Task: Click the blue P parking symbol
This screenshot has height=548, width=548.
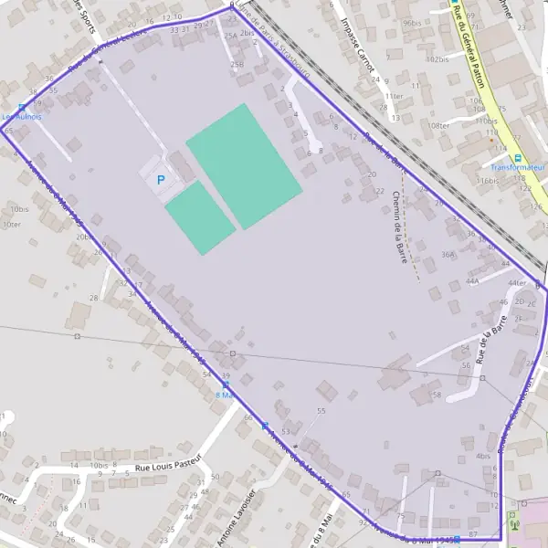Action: click(x=161, y=181)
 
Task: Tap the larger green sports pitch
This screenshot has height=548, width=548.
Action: click(x=243, y=165)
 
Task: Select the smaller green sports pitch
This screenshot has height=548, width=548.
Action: click(x=200, y=217)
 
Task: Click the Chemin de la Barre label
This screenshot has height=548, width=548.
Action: click(x=398, y=227)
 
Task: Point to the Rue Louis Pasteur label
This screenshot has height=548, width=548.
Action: click(x=167, y=464)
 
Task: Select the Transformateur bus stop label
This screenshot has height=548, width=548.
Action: click(x=517, y=168)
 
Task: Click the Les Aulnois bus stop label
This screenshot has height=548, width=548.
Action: click(x=21, y=117)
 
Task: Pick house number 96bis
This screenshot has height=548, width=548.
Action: click(x=412, y=23)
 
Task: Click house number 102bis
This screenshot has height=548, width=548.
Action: click(x=437, y=59)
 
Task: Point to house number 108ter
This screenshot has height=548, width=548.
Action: click(x=439, y=125)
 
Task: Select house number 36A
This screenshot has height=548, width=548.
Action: click(x=448, y=255)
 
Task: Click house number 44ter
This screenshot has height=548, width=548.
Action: click(x=517, y=283)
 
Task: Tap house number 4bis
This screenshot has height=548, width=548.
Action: click(x=483, y=456)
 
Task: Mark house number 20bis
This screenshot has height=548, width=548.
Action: click(x=84, y=237)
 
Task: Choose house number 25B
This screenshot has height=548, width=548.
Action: click(x=237, y=64)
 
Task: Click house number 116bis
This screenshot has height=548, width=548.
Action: click(x=490, y=181)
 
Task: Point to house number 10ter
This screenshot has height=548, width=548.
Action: click(x=11, y=224)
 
